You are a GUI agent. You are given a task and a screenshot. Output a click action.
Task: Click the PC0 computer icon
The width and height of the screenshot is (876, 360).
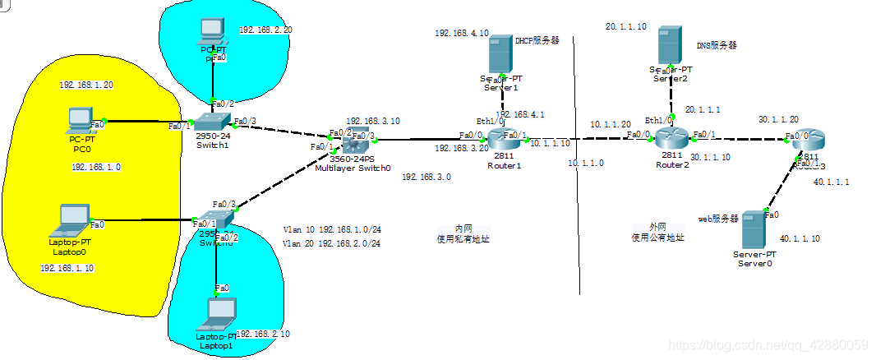pyautogui.click(x=81, y=121)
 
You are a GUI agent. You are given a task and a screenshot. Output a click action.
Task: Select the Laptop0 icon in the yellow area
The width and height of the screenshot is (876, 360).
pyautogui.click(x=71, y=219)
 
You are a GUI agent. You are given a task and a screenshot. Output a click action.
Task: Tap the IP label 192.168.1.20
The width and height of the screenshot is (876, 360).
pyautogui.click(x=85, y=85)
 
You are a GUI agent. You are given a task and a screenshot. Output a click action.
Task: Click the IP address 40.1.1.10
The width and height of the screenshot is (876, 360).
pyautogui.click(x=800, y=238)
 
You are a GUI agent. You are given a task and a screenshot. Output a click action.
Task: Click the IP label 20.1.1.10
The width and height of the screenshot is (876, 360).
pyautogui.click(x=626, y=27)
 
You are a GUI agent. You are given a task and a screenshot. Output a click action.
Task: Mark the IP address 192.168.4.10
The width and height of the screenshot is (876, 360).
pyautogui.click(x=462, y=34)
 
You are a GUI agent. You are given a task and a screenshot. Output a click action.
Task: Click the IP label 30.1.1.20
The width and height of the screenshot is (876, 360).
pyautogui.click(x=778, y=120)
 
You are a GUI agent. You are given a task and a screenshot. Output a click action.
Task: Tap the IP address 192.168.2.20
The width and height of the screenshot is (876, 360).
pyautogui.click(x=265, y=30)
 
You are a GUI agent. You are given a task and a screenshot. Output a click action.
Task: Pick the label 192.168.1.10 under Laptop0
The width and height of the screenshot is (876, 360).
pyautogui.click(x=67, y=268)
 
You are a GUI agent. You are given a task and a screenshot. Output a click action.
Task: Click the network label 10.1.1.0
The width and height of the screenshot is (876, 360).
pyautogui.click(x=587, y=164)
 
